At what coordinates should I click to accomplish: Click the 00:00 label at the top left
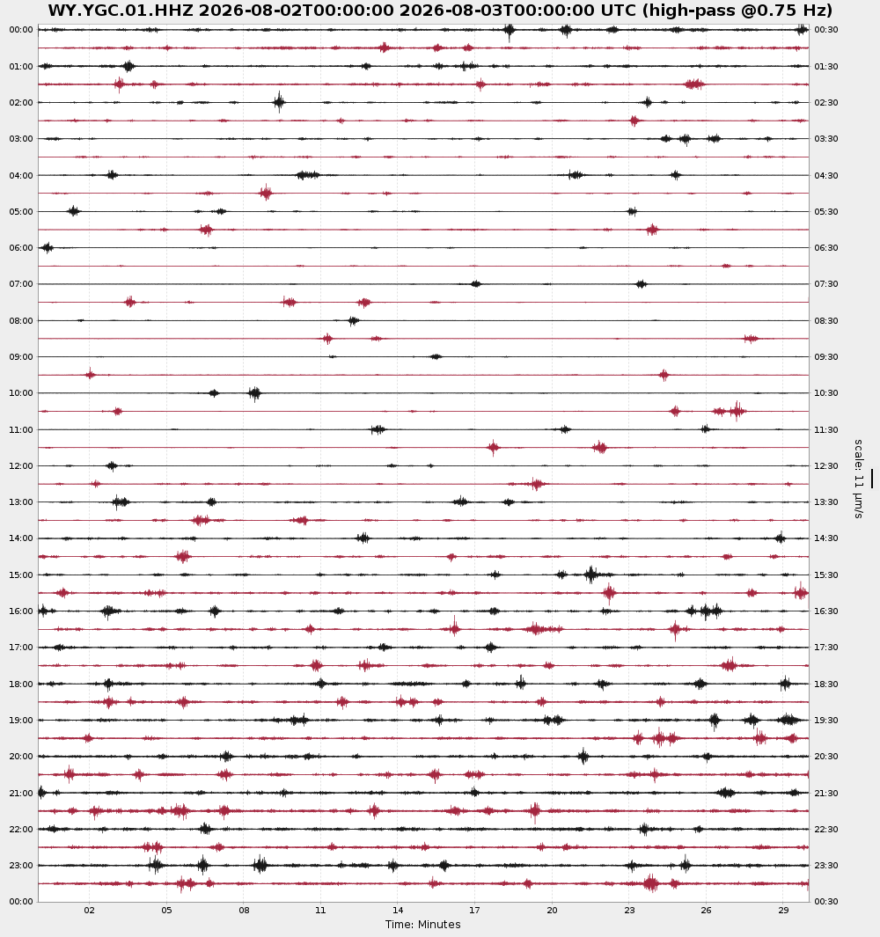pyautogui.click(x=21, y=30)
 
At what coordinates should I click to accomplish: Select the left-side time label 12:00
pyautogui.click(x=21, y=466)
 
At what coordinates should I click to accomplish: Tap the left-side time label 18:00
pyautogui.click(x=21, y=684)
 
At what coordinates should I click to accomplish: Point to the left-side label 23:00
pyautogui.click(x=21, y=865)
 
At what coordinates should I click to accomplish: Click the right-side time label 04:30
pyautogui.click(x=826, y=176)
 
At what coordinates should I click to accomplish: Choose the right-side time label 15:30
pyautogui.click(x=826, y=575)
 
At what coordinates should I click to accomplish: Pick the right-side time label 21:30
pyautogui.click(x=826, y=793)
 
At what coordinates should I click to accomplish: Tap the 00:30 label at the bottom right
pyautogui.click(x=826, y=901)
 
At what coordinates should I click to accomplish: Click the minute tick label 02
pyautogui.click(x=90, y=910)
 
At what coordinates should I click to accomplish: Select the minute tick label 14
pyautogui.click(x=398, y=910)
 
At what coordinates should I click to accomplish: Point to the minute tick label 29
pyautogui.click(x=783, y=910)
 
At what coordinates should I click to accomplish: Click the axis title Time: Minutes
pyautogui.click(x=422, y=925)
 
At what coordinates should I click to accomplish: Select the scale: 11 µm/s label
pyautogui.click(x=859, y=479)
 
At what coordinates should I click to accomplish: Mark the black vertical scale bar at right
pyautogui.click(x=871, y=479)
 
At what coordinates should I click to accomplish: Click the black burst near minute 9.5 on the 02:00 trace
pyautogui.click(x=279, y=102)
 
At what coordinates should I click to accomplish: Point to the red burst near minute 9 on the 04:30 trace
pyautogui.click(x=266, y=193)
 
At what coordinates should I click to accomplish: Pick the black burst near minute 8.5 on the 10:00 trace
pyautogui.click(x=254, y=393)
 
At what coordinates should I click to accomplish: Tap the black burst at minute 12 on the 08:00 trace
pyautogui.click(x=353, y=321)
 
